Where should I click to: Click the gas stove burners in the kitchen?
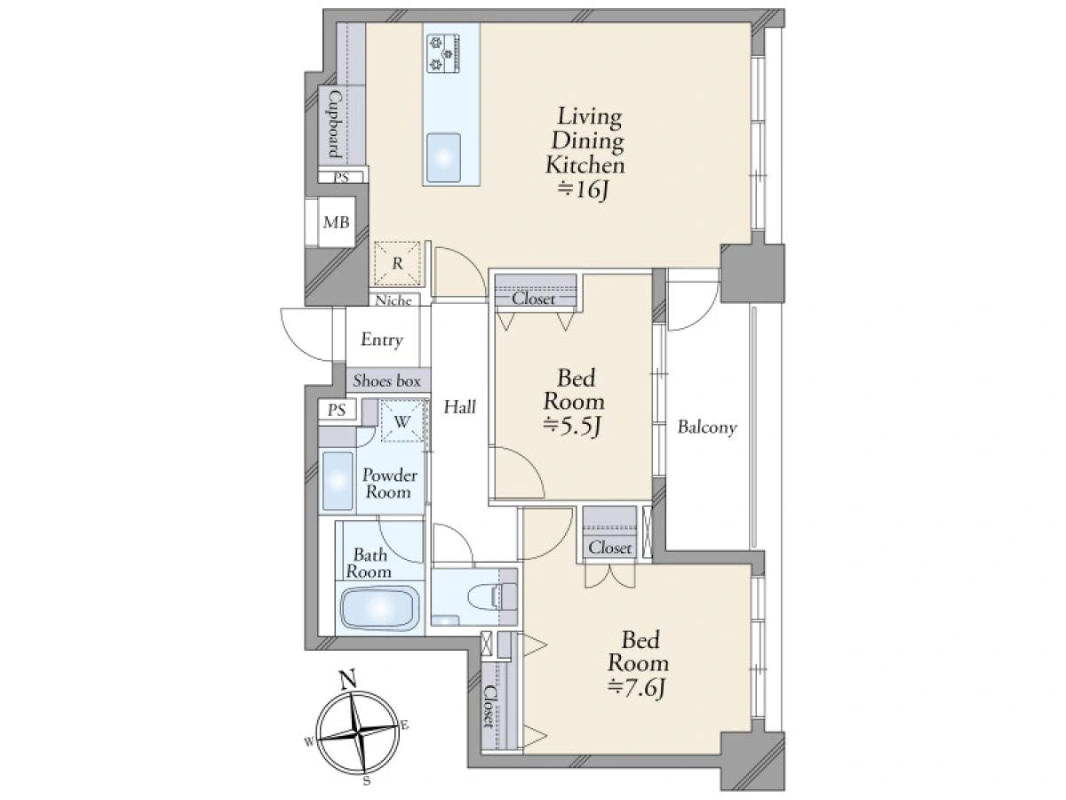click(443, 53)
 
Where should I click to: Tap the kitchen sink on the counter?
click(443, 158)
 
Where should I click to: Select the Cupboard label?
click(335, 124)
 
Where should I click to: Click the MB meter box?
click(336, 222)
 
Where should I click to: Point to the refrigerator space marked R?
click(397, 264)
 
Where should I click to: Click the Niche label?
click(394, 300)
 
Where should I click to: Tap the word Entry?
click(382, 340)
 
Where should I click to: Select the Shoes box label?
click(386, 380)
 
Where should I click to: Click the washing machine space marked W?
click(402, 420)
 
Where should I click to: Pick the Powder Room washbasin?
click(338, 482)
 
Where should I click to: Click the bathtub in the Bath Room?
click(380, 609)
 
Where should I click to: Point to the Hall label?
click(459, 407)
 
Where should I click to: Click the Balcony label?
click(707, 428)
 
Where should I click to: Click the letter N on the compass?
click(347, 680)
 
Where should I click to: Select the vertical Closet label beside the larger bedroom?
click(489, 706)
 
